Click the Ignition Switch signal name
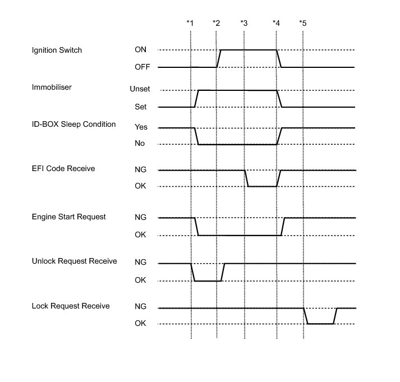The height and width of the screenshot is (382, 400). click(57, 50)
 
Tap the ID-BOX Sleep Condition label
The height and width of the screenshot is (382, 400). click(74, 125)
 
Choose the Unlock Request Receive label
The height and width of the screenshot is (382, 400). click(74, 261)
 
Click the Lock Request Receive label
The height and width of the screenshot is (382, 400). click(70, 306)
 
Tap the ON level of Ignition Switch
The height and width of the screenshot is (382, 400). click(141, 49)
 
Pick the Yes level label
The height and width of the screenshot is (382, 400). click(141, 127)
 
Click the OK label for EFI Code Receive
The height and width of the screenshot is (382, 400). click(140, 187)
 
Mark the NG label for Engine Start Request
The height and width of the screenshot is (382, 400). click(140, 218)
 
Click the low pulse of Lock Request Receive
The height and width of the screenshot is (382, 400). click(320, 324)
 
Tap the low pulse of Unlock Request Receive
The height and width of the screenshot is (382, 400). click(207, 280)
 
